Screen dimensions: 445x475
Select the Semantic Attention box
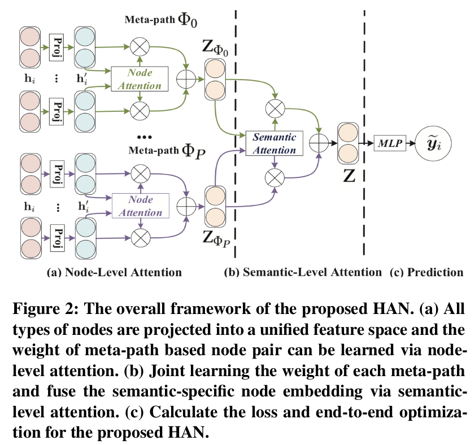coord(274,143)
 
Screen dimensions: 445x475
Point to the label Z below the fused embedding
coord(348,176)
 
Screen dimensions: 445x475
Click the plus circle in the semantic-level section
coord(320,143)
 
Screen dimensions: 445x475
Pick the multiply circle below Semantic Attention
coord(274,178)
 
